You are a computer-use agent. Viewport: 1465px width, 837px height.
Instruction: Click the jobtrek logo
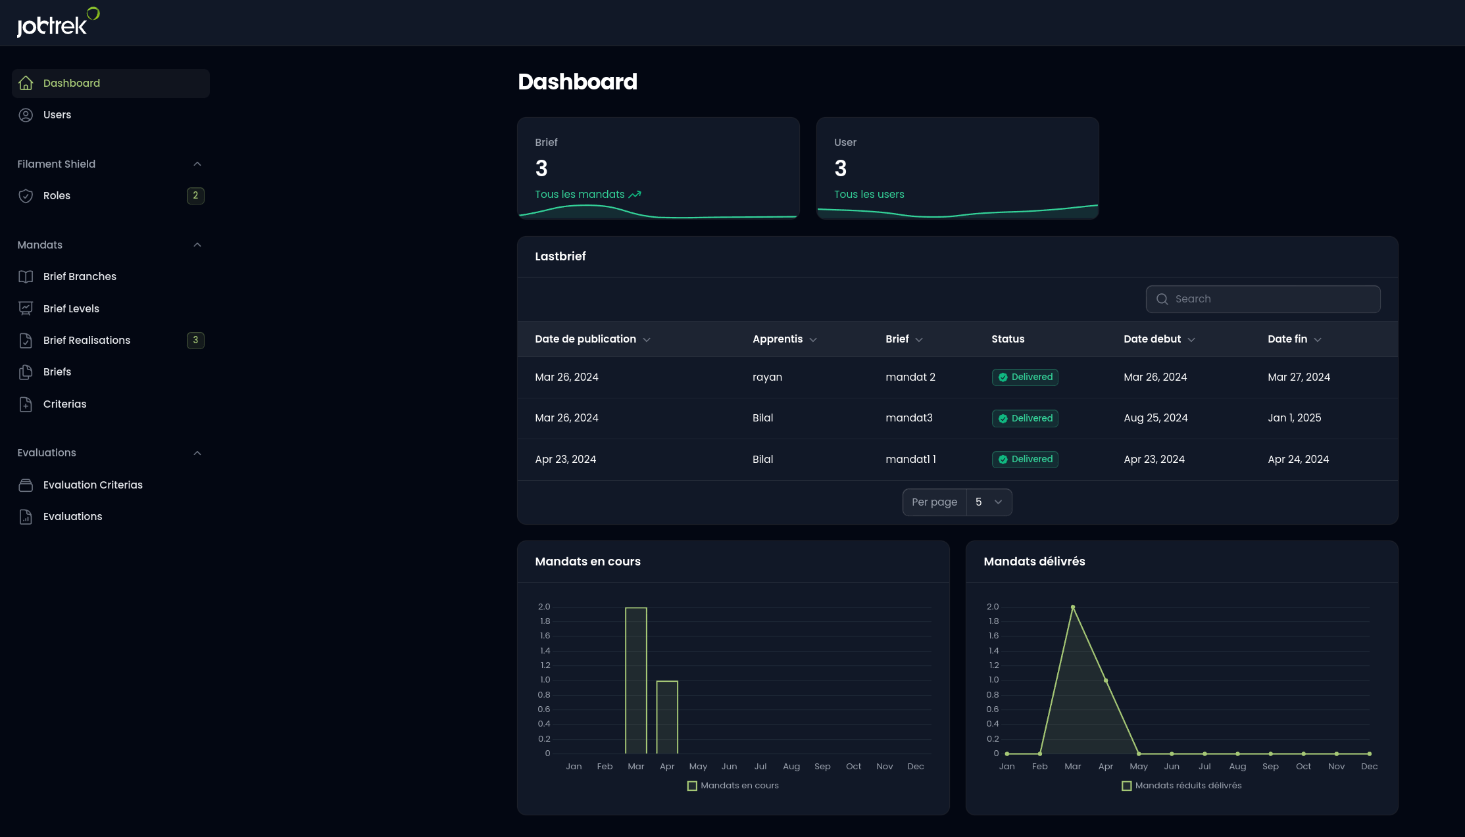[57, 23]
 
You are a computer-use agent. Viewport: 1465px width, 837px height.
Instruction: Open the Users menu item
[57, 115]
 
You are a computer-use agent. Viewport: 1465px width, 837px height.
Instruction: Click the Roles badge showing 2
[195, 196]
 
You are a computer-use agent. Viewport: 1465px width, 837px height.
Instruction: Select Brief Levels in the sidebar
[71, 309]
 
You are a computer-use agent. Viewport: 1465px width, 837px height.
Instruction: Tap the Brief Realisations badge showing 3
[195, 341]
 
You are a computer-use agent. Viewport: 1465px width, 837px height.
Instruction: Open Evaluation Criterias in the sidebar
[93, 485]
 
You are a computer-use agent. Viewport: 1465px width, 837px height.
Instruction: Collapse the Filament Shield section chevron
[197, 164]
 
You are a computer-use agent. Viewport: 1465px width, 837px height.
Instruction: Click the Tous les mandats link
[580, 195]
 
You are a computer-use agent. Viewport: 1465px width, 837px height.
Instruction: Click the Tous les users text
[869, 195]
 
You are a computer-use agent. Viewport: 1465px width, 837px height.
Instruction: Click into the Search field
[1270, 299]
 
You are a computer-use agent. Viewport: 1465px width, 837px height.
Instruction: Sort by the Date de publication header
[585, 339]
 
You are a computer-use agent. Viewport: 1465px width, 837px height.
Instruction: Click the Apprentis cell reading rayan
[767, 377]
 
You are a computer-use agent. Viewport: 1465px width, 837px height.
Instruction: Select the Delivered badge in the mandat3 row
[1025, 419]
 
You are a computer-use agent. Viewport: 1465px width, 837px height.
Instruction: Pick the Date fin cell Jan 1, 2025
[1294, 418]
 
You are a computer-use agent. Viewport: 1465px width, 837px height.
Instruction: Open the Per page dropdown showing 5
[988, 502]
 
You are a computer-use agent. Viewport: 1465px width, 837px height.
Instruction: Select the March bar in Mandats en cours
[635, 681]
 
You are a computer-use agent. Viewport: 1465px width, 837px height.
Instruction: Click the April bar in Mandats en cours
[667, 717]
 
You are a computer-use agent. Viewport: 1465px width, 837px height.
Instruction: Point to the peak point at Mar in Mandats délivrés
[1073, 607]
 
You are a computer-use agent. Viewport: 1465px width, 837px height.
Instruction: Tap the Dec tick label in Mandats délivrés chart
[1369, 767]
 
